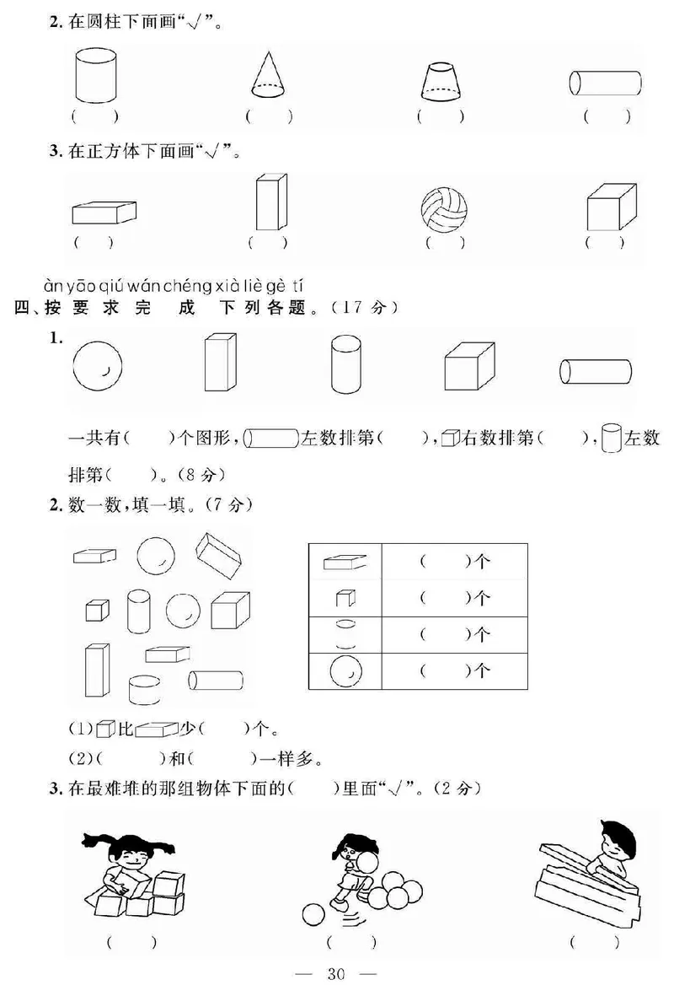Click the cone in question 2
click(270, 75)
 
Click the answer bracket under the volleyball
click(445, 243)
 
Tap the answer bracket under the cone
click(269, 116)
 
